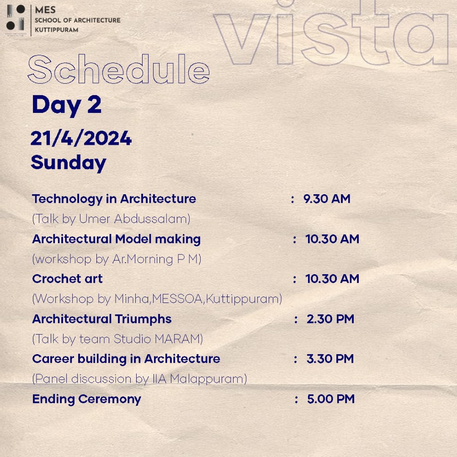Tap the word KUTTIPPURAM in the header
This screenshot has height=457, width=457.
point(57,30)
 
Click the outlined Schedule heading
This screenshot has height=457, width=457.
point(119,69)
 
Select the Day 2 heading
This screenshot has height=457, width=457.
point(66,105)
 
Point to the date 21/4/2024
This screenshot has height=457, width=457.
point(81,138)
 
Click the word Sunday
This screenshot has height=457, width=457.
point(69,163)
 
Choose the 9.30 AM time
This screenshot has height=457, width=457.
point(327,199)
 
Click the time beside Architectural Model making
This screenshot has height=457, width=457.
point(332,239)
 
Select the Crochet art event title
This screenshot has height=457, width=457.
point(67,279)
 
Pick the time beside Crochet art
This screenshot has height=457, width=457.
point(332,279)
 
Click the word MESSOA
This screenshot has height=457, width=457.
point(177,299)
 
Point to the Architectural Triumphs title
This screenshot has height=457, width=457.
point(102,319)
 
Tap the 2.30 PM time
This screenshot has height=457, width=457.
point(330,319)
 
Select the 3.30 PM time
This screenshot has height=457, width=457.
point(330,359)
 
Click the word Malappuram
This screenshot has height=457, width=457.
point(207,379)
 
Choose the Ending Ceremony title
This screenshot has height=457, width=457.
point(86,399)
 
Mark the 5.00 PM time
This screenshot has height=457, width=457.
point(331,399)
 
